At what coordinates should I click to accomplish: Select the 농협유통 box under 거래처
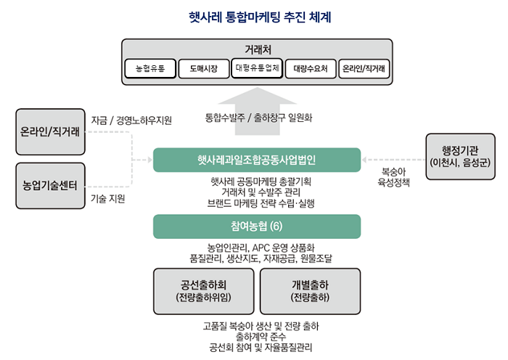point(149,70)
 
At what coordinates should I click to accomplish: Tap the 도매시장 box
point(203,70)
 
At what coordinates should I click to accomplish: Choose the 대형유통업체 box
point(257,69)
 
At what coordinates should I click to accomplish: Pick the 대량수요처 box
point(311,70)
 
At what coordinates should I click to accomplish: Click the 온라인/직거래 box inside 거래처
point(364,70)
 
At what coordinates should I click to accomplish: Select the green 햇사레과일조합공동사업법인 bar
point(257,159)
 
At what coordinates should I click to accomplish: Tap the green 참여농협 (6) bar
point(257,226)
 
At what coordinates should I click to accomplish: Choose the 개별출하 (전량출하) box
point(311,290)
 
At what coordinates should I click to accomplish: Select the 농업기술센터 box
point(49,183)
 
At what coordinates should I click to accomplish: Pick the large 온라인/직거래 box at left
point(49,131)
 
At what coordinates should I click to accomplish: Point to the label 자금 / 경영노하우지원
point(131,120)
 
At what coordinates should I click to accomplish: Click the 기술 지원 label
point(107,198)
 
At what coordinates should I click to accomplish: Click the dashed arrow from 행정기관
point(392,159)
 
